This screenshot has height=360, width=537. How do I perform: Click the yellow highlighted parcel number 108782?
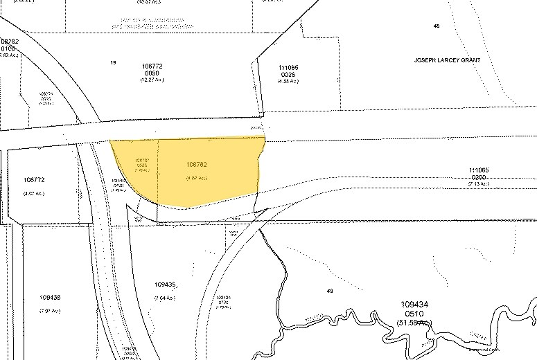[197, 165]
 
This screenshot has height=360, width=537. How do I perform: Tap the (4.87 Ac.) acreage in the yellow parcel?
[197, 178]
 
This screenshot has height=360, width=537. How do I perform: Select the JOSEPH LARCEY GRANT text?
[447, 60]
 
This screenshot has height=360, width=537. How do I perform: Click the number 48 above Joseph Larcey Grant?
[437, 26]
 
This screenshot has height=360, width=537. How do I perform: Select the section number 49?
[330, 291]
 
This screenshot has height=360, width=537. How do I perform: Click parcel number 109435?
[167, 284]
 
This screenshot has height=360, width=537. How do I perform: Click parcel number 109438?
[51, 297]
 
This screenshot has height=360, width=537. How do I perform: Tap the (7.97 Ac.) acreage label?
[51, 310]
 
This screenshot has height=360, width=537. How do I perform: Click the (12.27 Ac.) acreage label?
[151, 80]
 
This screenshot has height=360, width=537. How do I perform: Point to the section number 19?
[112, 62]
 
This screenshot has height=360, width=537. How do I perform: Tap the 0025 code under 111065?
[288, 74]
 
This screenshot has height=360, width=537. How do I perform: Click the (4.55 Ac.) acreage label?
[288, 81]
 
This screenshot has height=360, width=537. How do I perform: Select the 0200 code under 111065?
[479, 177]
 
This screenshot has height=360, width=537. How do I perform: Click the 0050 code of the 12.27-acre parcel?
[151, 73]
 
